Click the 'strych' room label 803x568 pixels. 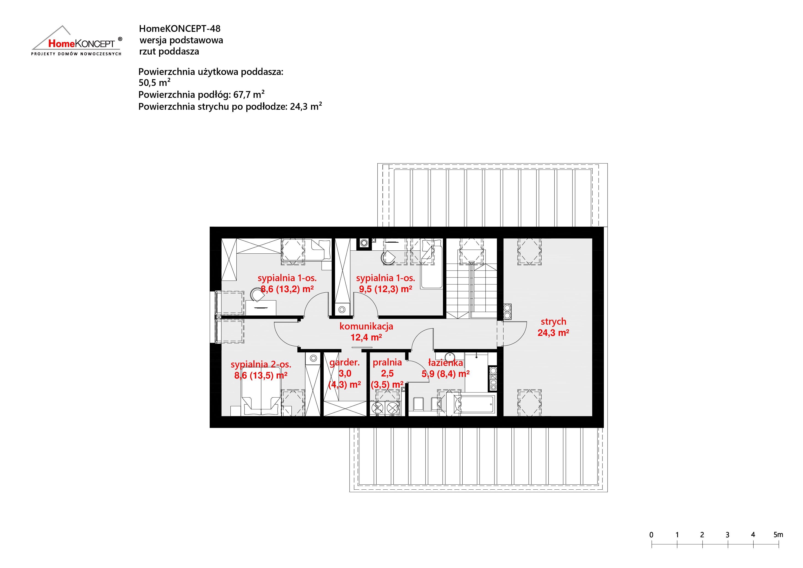pos(553,321)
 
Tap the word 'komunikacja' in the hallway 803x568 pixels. pos(366,326)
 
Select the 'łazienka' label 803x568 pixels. pos(446,362)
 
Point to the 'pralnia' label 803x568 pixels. pos(387,362)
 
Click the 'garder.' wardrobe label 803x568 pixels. pos(345,362)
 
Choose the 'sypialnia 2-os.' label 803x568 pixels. pos(261,364)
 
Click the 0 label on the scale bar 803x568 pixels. pos(651,535)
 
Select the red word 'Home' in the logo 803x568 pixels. pos(61,43)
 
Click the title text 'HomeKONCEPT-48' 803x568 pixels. pos(180,28)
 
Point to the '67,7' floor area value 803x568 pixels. pos(242,94)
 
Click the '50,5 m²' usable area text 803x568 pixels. pos(155,82)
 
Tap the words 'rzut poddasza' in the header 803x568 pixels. pos(169,52)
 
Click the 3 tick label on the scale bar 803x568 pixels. pos(727,535)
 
